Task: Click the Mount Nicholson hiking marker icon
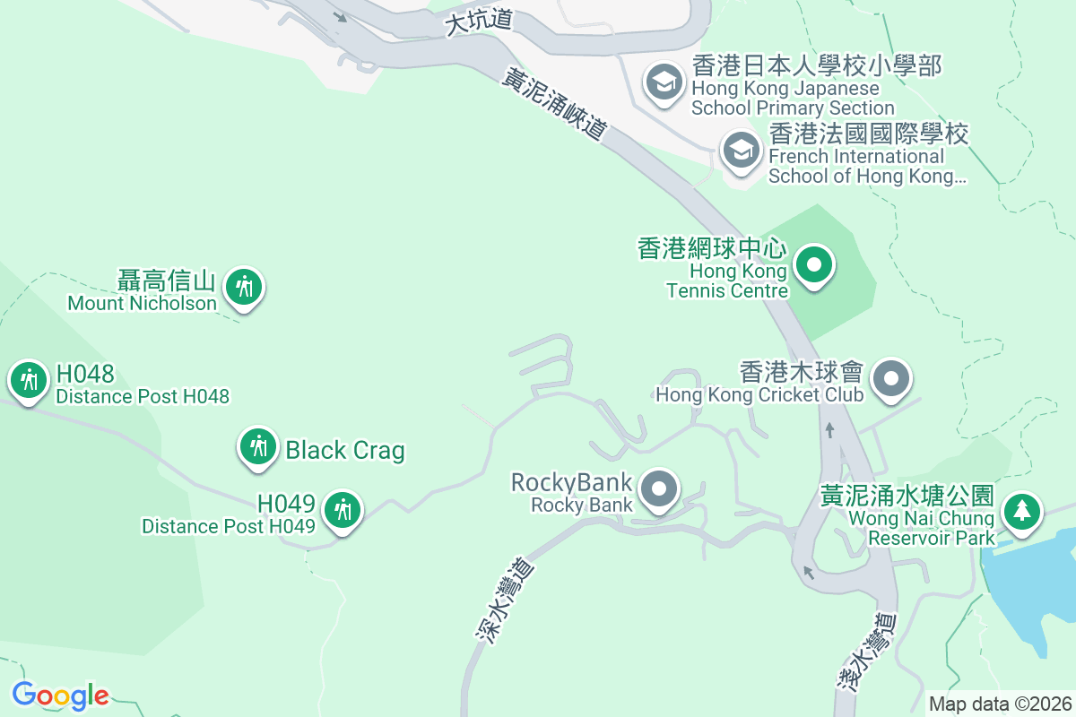[x=243, y=288]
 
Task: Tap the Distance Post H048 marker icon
[x=29, y=381]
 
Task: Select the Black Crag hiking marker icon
[x=258, y=446]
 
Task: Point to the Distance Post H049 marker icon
[x=342, y=510]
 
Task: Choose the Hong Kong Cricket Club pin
[x=890, y=378]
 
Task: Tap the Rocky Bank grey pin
[x=661, y=489]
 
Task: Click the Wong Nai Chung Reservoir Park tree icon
[x=1020, y=512]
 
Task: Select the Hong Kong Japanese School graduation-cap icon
[x=664, y=83]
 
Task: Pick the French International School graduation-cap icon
[x=741, y=151]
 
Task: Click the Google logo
[x=60, y=695]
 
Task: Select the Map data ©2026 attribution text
[x=1000, y=704]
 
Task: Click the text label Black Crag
[x=345, y=450]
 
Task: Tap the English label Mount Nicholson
[x=143, y=303]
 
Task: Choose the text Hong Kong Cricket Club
[x=759, y=394]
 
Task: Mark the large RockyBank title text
[x=571, y=482]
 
